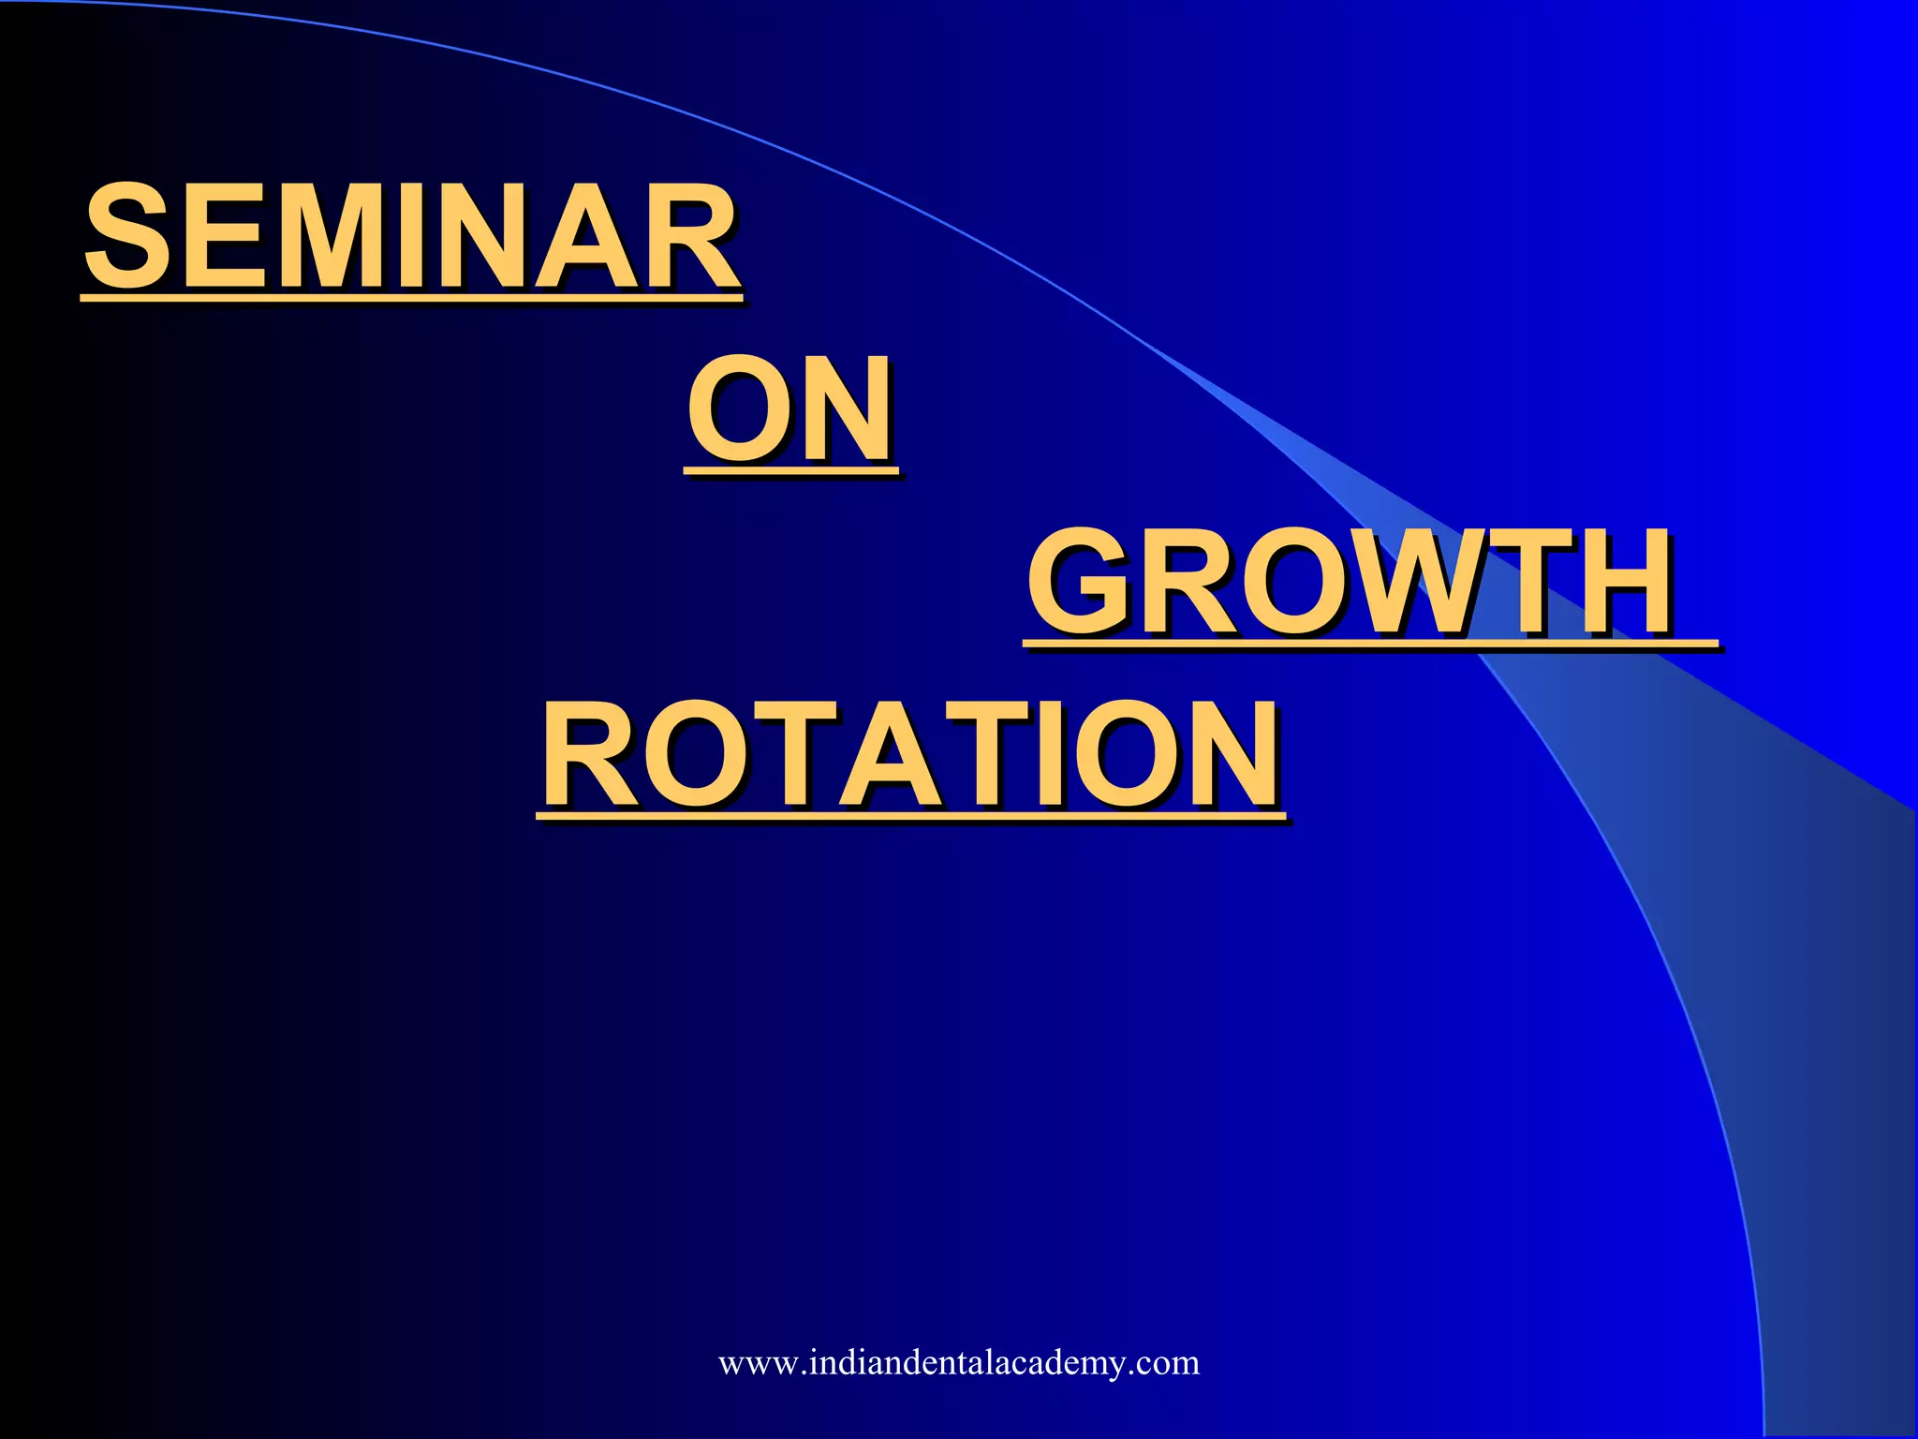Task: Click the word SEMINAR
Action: coord(412,236)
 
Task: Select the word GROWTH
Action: coord(1349,583)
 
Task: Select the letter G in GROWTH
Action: coord(1082,583)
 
